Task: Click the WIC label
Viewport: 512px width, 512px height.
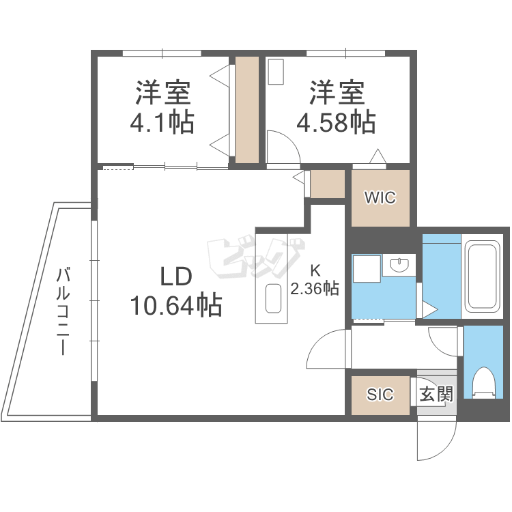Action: [380, 197]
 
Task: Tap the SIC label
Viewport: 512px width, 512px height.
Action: [380, 395]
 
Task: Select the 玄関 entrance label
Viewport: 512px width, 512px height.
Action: [436, 394]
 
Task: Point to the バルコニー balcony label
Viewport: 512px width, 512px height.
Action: [63, 311]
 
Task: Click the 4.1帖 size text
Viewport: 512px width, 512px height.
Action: [162, 122]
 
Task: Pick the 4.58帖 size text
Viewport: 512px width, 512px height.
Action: [336, 122]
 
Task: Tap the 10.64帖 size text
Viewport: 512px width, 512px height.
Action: [176, 305]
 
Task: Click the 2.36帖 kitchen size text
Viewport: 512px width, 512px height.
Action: [315, 289]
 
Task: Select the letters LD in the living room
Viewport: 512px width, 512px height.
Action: [176, 276]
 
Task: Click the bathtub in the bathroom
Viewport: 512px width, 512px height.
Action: [483, 278]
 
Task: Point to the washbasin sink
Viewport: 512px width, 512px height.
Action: [399, 265]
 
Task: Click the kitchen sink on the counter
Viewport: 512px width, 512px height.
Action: [273, 298]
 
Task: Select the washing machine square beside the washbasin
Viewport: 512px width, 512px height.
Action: [367, 269]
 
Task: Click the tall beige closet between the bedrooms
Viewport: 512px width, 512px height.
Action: [247, 110]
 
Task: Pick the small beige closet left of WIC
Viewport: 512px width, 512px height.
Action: [328, 184]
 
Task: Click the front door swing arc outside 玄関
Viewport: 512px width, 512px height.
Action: [444, 448]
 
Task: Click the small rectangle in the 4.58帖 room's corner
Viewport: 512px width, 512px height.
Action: [276, 72]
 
